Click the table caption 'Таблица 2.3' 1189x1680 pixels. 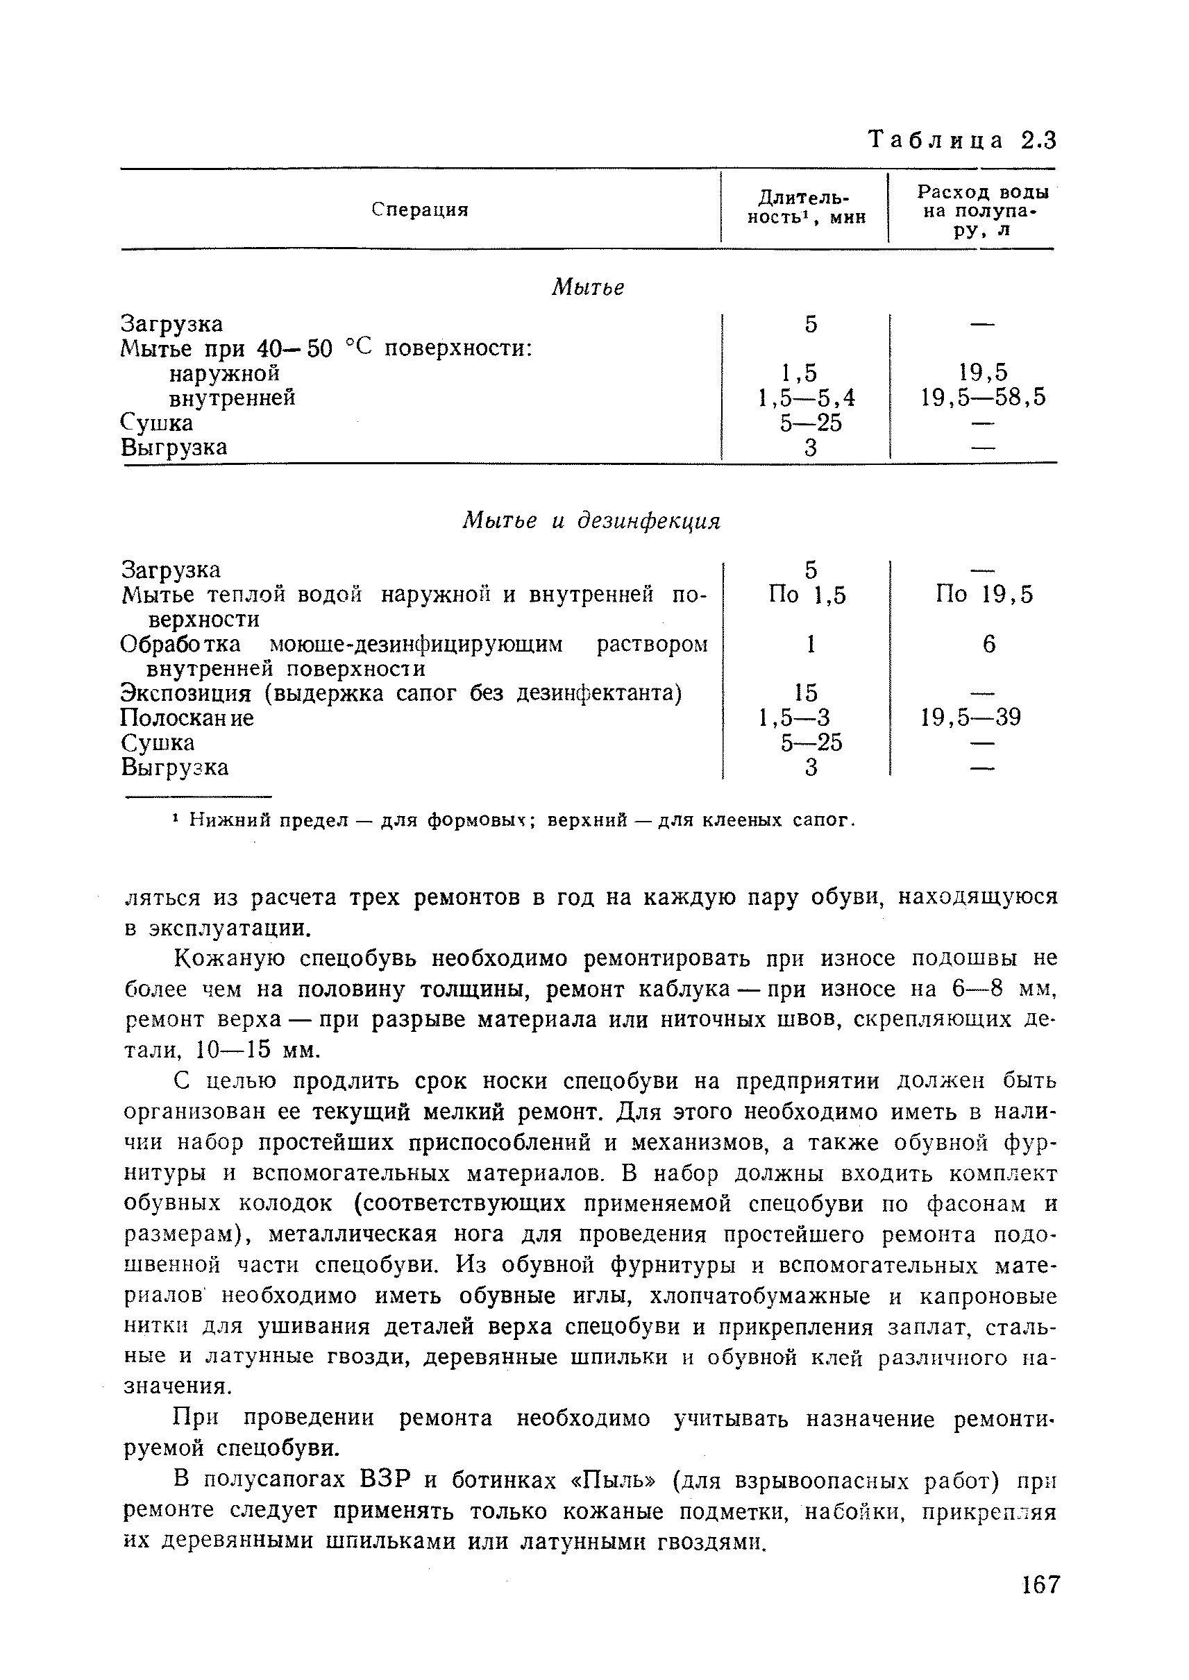(x=961, y=139)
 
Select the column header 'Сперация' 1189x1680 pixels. (x=419, y=210)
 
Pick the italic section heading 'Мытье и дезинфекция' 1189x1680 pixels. (x=591, y=521)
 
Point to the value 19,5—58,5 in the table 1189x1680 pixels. (x=983, y=398)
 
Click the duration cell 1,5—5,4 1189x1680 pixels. (x=807, y=398)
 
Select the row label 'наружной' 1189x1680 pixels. (x=224, y=373)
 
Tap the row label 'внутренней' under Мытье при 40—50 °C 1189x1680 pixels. (x=232, y=398)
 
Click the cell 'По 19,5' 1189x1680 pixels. (x=984, y=595)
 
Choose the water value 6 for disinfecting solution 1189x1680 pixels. (x=988, y=644)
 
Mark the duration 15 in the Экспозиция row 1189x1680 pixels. (x=805, y=693)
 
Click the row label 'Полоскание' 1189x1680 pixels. (x=187, y=718)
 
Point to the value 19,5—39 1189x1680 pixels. (x=970, y=718)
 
